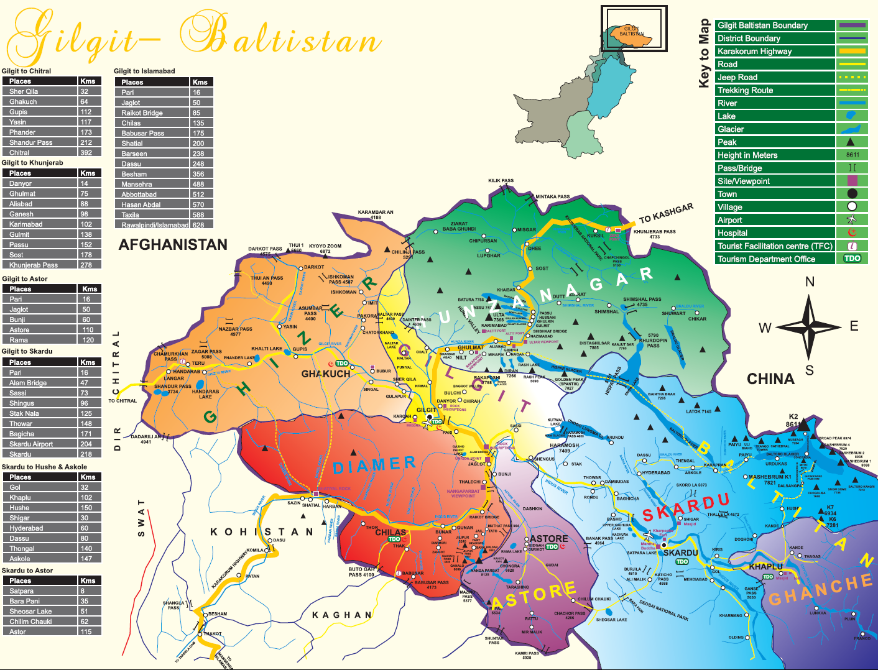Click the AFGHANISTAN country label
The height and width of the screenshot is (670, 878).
point(173,245)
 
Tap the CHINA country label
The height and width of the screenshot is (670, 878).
point(770,379)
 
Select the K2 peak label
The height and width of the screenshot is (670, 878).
point(793,416)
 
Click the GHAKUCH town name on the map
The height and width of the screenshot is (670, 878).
point(326,374)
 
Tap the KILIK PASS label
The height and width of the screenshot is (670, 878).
point(501,181)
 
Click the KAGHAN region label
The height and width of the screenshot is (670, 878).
point(341,615)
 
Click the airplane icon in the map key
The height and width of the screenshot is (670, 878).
point(852,219)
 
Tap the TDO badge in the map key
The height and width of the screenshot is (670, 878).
point(852,259)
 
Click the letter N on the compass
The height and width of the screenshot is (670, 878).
point(810,282)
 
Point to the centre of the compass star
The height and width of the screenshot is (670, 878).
point(809,326)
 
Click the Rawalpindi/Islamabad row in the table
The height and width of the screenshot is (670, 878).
point(154,225)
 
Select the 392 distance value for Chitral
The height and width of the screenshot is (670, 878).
point(86,152)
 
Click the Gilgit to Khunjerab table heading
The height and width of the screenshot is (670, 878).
point(32,163)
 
